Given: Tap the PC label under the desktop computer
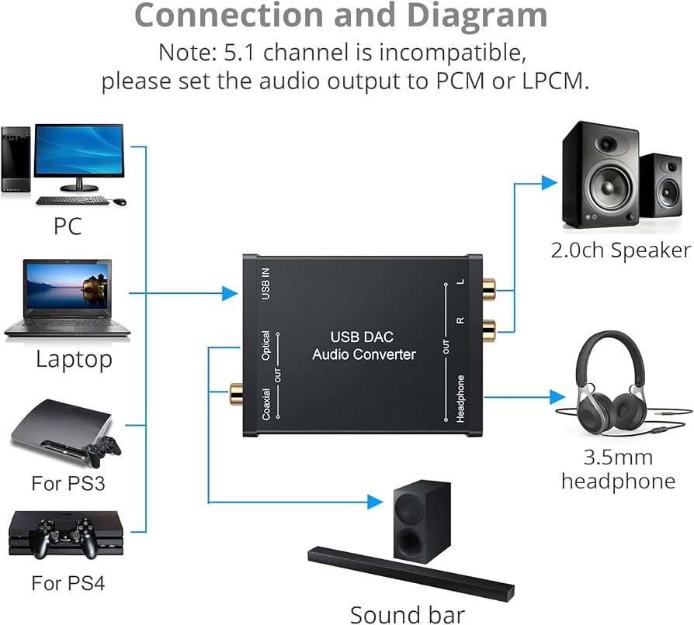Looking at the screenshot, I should click(68, 226).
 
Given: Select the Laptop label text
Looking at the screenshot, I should click(74, 359).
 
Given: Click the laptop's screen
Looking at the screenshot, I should click(68, 288).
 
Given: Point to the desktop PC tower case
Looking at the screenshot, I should click(16, 160).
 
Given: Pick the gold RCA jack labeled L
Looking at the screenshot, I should click(488, 292).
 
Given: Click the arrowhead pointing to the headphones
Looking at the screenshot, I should click(557, 397).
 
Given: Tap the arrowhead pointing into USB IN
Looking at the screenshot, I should click(229, 293).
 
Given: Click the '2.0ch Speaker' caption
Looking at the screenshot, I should click(620, 250).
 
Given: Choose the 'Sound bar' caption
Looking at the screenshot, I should click(408, 614).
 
